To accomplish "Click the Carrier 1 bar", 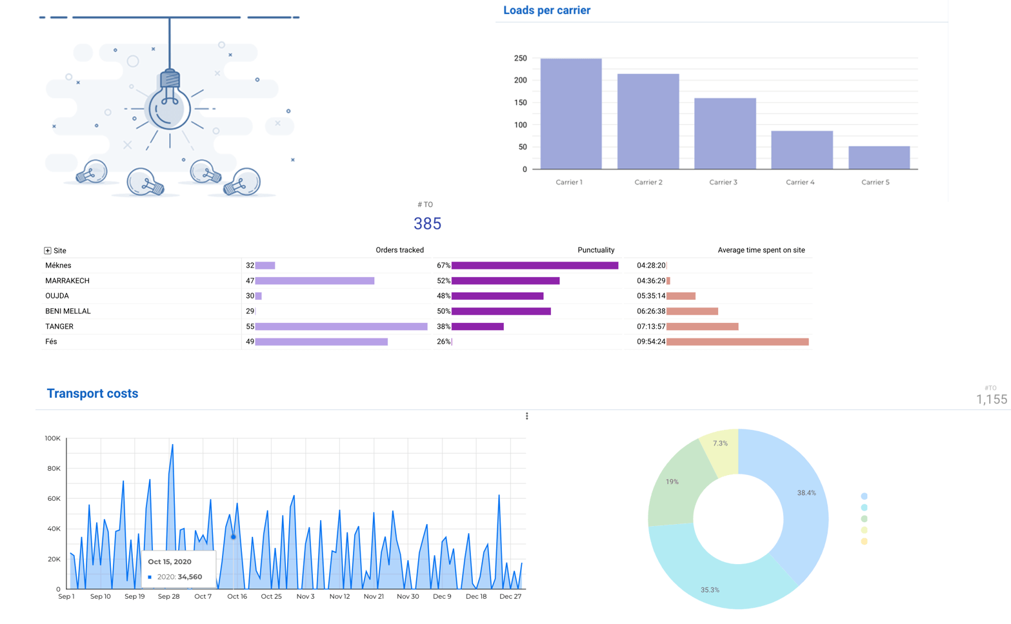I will [x=571, y=114].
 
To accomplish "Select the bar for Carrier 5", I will [x=879, y=158].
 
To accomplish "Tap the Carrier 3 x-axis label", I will [x=723, y=182].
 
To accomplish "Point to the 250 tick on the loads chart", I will [x=521, y=59].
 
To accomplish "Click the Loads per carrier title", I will [x=546, y=10].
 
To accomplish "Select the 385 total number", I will [x=427, y=224].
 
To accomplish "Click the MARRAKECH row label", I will [x=67, y=281].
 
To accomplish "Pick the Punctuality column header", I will [x=596, y=250].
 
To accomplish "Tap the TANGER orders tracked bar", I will [x=341, y=327].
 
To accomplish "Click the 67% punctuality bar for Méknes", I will [x=535, y=266].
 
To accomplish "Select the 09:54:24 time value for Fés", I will [x=651, y=342].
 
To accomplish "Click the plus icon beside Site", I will [x=48, y=251].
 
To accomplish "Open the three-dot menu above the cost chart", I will [x=527, y=416].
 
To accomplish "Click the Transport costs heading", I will [x=92, y=394].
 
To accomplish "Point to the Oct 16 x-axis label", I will [x=237, y=597].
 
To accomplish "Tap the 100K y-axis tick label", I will [x=52, y=438].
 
